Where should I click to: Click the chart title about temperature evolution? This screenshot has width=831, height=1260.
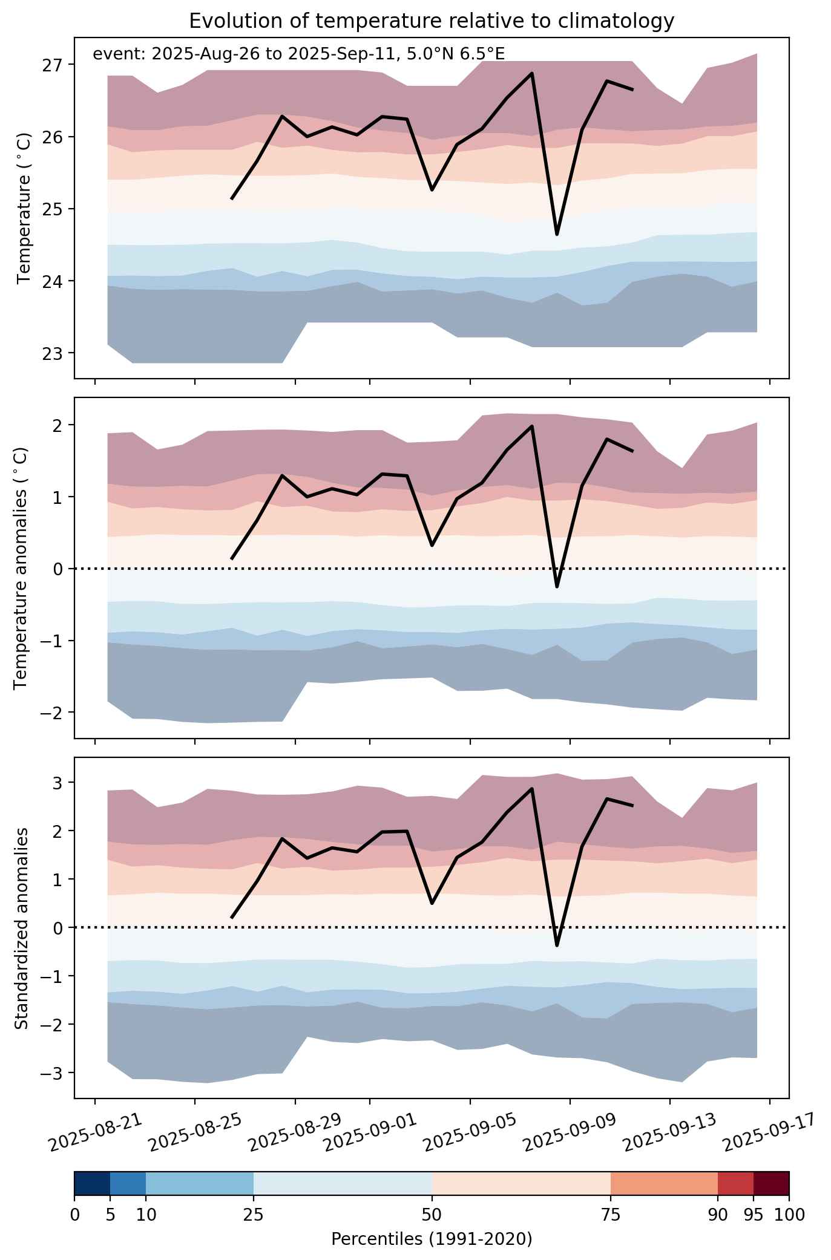pyautogui.click(x=432, y=21)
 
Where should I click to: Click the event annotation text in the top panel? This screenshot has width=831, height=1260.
pyautogui.click(x=298, y=54)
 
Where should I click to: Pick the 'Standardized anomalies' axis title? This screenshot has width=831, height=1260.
pyautogui.click(x=22, y=928)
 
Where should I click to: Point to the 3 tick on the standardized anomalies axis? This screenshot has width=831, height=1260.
pyautogui.click(x=58, y=783)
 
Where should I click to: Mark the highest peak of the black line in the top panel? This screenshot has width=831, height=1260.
pyautogui.click(x=531, y=73)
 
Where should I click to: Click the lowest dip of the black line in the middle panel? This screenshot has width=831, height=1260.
pyautogui.click(x=557, y=586)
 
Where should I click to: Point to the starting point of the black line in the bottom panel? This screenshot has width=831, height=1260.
pyautogui.click(x=232, y=918)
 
